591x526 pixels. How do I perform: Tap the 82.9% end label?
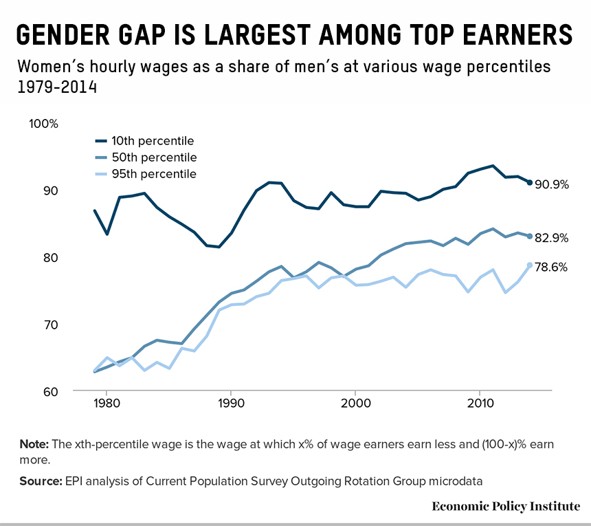point(552,239)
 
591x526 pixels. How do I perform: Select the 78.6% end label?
point(552,267)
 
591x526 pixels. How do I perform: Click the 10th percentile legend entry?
point(153,142)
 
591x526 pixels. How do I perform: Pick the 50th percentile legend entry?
point(154,157)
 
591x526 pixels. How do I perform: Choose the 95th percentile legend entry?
point(154,174)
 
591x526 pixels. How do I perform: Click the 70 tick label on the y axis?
point(52,325)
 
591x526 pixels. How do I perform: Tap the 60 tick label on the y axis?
point(52,392)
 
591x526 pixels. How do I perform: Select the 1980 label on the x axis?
point(107,403)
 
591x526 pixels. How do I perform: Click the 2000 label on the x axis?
point(355,403)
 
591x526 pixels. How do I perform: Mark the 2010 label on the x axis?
point(478,403)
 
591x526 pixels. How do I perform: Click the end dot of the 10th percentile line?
point(530,182)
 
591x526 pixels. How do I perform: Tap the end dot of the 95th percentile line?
point(530,265)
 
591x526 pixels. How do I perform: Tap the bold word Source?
point(39,481)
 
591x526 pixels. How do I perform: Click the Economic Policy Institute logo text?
point(505,506)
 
